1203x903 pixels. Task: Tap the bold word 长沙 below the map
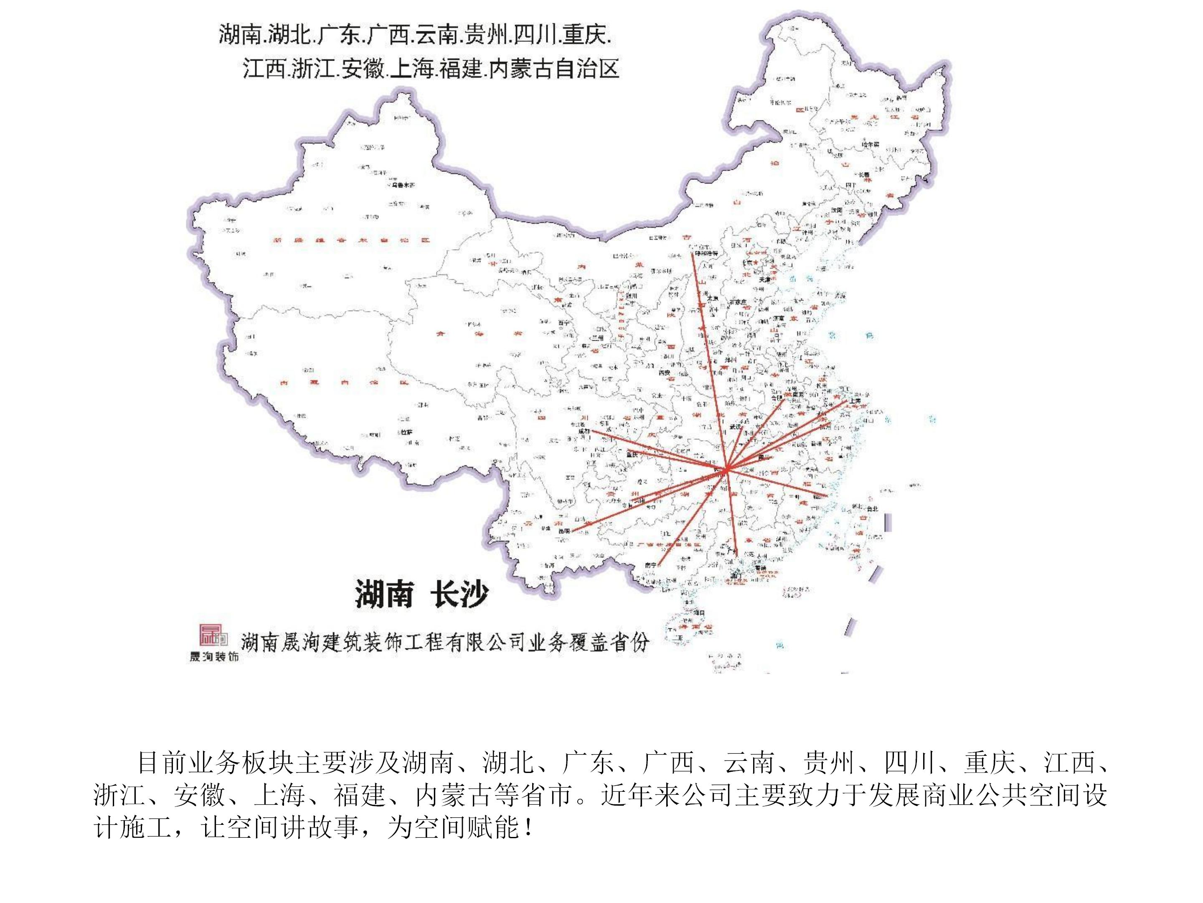[459, 594]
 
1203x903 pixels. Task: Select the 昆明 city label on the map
[563, 530]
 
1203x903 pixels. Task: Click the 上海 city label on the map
[854, 400]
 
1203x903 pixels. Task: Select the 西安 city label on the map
[664, 373]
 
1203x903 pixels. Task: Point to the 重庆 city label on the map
[632, 454]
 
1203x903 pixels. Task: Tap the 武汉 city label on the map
[735, 427]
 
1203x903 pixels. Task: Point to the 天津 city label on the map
[765, 279]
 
